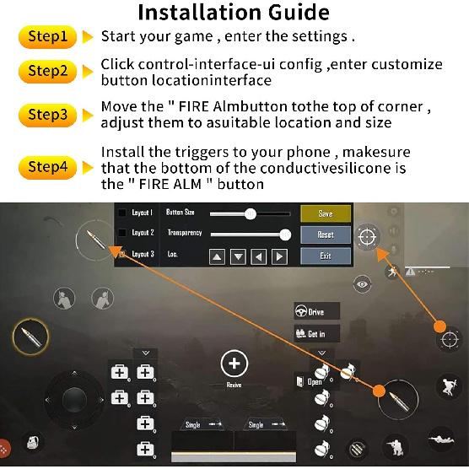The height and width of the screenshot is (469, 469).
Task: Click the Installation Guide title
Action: coord(234,13)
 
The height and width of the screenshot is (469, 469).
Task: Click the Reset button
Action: coord(325,234)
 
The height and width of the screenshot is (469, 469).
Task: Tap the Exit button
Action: coord(325,256)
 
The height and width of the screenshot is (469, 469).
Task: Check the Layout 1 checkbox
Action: coord(122,213)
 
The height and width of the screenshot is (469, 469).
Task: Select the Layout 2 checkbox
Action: coord(122,233)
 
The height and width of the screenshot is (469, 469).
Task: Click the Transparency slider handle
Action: coord(284,234)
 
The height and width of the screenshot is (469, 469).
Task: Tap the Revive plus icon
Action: coord(234,364)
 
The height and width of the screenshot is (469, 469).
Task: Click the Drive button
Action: coord(315,311)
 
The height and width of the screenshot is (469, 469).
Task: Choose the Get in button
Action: coord(315,334)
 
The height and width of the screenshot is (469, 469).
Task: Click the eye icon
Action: coord(363,285)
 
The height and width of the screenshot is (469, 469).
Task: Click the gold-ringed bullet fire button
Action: coord(30,339)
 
